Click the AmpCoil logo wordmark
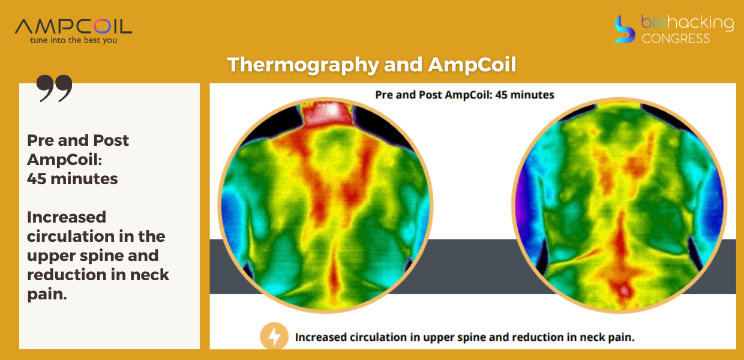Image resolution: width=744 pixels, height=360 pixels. [x=73, y=26]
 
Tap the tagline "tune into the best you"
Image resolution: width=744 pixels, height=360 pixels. [x=73, y=40]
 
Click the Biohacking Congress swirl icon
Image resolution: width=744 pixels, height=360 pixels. [x=624, y=29]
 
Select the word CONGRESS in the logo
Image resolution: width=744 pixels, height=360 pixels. [x=676, y=38]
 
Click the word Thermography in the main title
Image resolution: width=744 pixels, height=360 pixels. [x=303, y=64]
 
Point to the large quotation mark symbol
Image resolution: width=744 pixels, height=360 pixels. [x=54, y=88]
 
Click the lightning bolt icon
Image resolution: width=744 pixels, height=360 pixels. [x=274, y=336]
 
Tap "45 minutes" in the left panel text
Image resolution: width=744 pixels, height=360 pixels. [x=73, y=179]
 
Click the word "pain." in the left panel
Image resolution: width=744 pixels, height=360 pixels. [x=47, y=294]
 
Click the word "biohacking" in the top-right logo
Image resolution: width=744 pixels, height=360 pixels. [x=687, y=23]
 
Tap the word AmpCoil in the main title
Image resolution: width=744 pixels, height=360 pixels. [x=472, y=64]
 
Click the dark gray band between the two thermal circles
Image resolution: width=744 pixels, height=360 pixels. [x=472, y=266]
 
